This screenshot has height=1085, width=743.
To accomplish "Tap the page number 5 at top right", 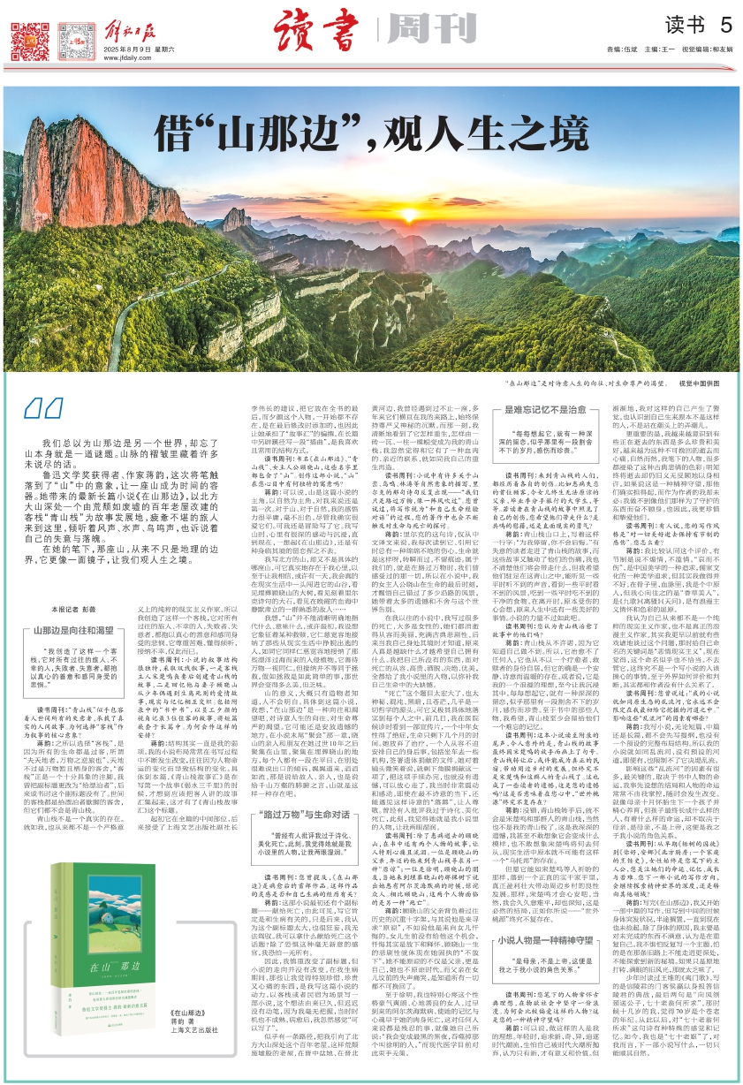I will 725,24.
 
